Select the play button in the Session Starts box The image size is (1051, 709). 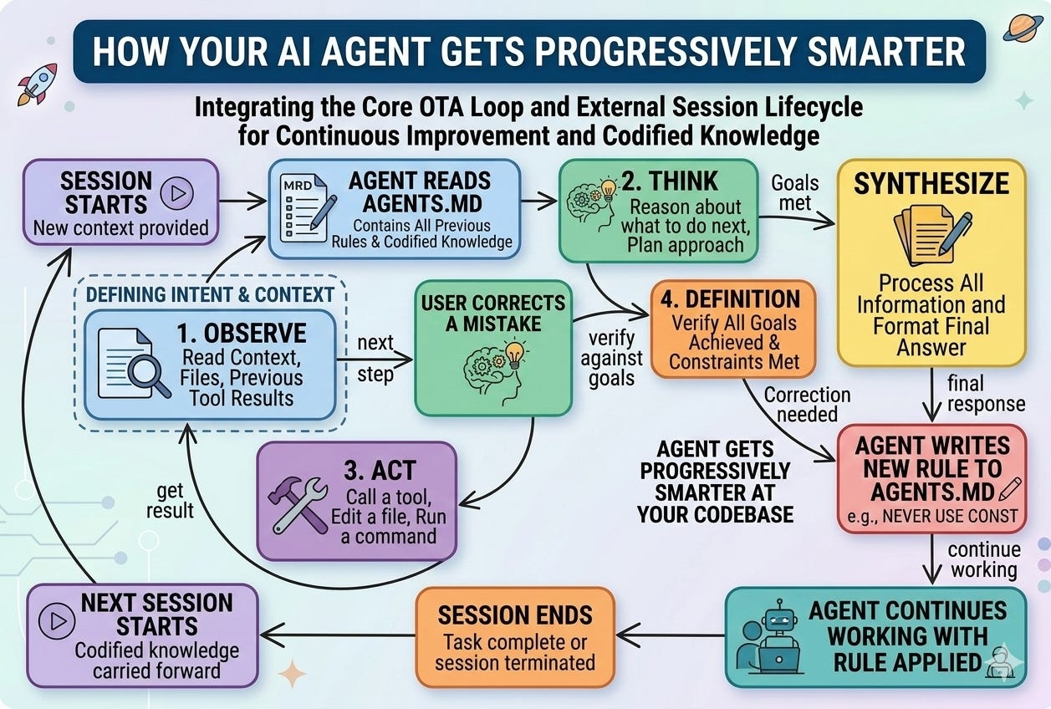pyautogui.click(x=177, y=193)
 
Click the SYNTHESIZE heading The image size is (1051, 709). pyautogui.click(x=931, y=184)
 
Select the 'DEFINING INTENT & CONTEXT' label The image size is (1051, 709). pyautogui.click(x=210, y=294)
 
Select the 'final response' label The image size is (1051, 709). pyautogui.click(x=985, y=394)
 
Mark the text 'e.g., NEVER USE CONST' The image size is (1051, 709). pyautogui.click(x=932, y=516)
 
